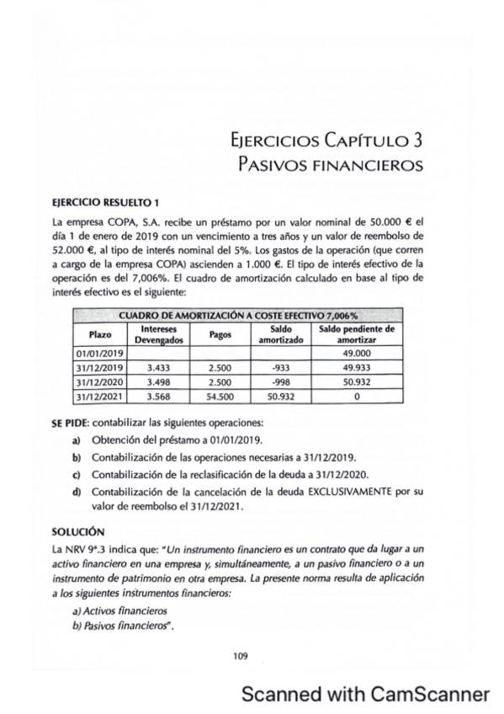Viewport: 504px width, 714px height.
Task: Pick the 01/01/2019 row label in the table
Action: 94,354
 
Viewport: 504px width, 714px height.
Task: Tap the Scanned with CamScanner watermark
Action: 364,693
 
